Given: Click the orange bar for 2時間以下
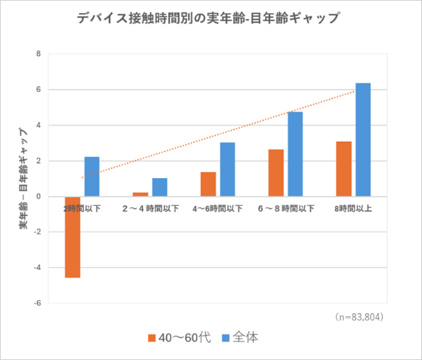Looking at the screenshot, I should point(73,237).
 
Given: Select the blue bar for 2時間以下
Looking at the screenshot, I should point(92,177).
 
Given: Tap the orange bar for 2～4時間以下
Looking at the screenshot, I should point(140,195).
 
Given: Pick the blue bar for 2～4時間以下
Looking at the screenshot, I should point(160,187).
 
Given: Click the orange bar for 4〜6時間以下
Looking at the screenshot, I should point(208,185).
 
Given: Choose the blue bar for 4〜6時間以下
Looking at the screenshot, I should point(227,169).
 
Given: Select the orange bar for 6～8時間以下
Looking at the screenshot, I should point(276,173).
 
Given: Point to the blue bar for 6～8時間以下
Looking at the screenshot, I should point(295,154).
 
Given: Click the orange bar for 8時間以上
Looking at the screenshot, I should point(344,169).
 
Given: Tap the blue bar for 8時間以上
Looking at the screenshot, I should point(363,140).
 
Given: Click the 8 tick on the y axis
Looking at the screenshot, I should point(38,54).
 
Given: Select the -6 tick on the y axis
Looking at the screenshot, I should point(37,303).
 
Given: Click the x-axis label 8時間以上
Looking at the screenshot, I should point(353,208).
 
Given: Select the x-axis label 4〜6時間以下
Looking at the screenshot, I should point(218,208).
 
